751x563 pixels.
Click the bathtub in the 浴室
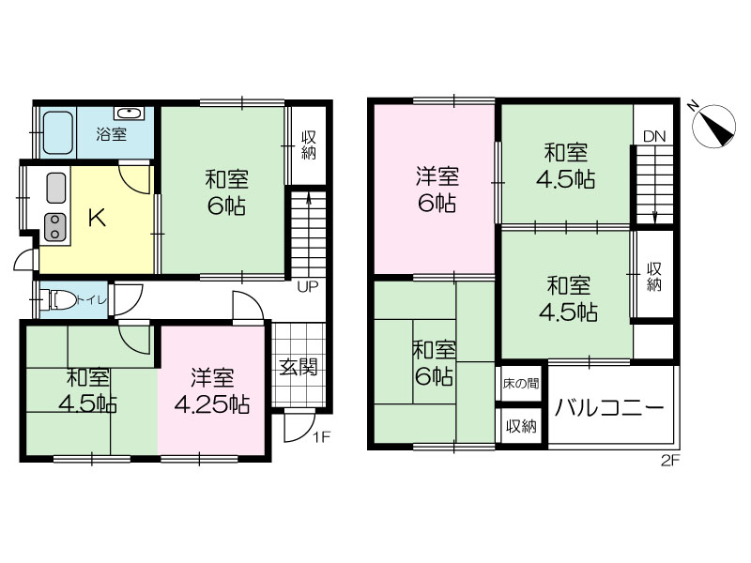point(58,132)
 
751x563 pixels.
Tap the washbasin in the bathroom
point(129,113)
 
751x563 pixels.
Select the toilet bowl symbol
point(61,300)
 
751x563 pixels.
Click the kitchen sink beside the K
point(56,189)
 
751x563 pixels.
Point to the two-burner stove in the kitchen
point(55,227)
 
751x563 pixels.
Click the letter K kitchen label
point(98,219)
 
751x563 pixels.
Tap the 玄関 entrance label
point(298,368)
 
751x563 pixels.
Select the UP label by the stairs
point(308,287)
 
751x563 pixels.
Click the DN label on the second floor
point(654,136)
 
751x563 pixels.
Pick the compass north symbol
point(713,125)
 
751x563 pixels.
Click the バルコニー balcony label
point(609,408)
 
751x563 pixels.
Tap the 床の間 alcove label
point(521,384)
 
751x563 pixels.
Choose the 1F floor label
point(322,437)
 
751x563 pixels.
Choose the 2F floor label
point(670,461)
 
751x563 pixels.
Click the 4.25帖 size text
point(212,405)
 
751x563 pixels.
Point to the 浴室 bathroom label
point(111,134)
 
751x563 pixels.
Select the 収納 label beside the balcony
point(521,426)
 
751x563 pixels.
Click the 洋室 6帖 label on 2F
point(437,190)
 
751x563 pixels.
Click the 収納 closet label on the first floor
point(309,145)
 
